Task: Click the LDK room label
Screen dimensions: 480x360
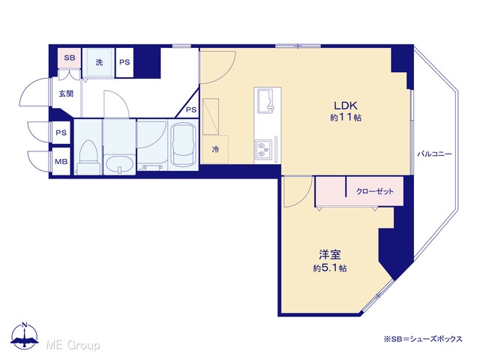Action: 346,106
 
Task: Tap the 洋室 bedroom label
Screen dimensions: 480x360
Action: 330,255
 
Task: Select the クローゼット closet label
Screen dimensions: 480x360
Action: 375,192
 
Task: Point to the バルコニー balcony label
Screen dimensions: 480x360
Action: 435,154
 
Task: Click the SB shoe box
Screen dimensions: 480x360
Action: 70,58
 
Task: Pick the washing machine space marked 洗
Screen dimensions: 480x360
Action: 98,62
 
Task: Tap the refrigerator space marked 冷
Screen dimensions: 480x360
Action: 215,149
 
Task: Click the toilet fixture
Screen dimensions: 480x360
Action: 88,157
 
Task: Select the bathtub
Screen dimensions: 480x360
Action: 184,145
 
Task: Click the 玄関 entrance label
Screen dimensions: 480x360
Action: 66,93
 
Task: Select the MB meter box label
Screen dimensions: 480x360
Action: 61,161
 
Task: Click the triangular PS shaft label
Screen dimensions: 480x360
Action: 191,109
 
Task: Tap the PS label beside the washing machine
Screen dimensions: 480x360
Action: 124,62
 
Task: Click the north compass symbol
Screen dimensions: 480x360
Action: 25,335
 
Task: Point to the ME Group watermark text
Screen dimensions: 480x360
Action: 73,345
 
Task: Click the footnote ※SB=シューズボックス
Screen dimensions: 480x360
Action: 423,339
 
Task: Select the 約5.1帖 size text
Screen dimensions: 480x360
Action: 330,268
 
